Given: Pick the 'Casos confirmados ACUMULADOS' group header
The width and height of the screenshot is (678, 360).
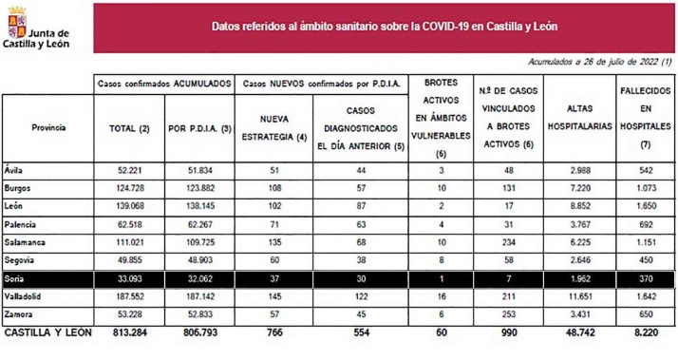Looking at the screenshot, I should point(164,84).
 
